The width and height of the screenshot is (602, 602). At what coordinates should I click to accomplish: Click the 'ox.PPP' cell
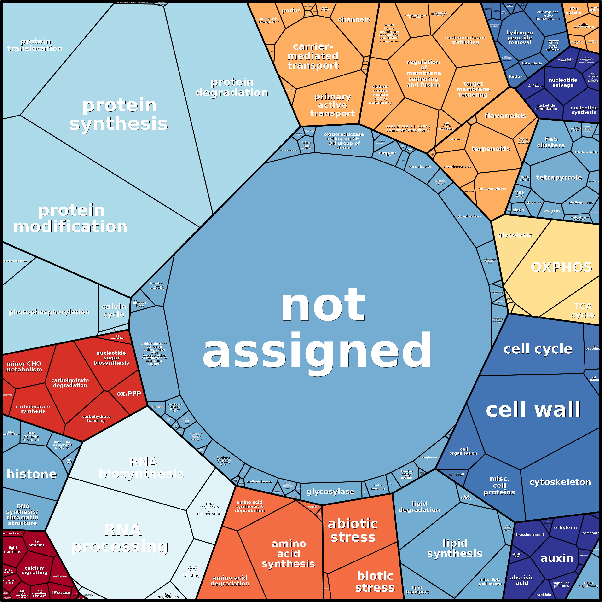129,394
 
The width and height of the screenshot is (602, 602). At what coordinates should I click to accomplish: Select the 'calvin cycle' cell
114,310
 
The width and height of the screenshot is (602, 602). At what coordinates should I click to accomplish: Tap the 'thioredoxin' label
532,63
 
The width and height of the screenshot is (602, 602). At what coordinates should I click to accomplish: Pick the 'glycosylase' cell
330,492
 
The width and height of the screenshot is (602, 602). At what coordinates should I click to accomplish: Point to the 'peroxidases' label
420,167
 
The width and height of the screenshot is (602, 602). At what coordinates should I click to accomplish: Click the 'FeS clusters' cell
550,142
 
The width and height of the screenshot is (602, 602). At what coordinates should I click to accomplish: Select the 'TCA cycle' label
582,310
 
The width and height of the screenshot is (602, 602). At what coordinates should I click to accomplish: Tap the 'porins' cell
291,11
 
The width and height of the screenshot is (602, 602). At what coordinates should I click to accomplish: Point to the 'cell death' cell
457,474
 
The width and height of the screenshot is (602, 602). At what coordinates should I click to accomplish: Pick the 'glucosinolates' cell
492,189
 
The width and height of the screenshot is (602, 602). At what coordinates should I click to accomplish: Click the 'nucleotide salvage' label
563,83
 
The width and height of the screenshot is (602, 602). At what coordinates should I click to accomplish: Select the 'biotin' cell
518,210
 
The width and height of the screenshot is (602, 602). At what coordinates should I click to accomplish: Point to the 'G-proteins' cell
37,544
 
